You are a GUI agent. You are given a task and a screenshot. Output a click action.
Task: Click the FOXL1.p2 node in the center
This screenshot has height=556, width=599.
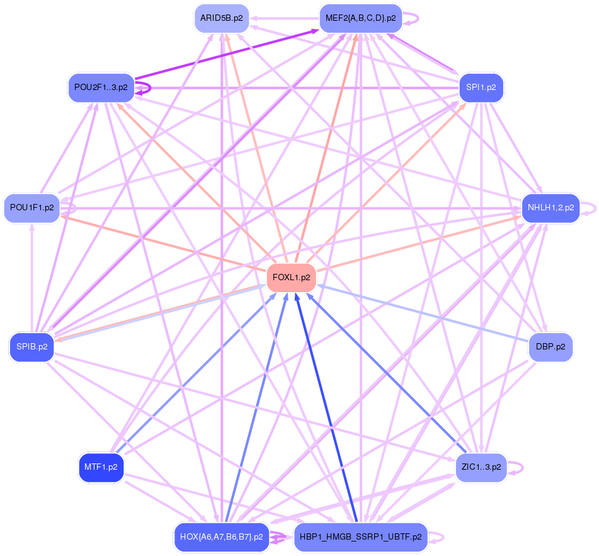pyautogui.click(x=291, y=278)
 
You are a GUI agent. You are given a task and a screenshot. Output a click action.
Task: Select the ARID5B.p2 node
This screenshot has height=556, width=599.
pyautogui.click(x=221, y=18)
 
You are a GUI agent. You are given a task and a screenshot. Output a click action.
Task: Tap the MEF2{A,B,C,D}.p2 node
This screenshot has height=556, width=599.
pyautogui.click(x=360, y=18)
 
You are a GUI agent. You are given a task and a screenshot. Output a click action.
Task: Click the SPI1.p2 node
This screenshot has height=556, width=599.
pyautogui.click(x=481, y=88)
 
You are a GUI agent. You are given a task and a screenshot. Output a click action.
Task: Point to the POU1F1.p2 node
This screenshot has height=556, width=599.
pyautogui.click(x=31, y=207)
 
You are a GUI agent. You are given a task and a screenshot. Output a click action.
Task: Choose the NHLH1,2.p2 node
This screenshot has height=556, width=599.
pyautogui.click(x=551, y=207)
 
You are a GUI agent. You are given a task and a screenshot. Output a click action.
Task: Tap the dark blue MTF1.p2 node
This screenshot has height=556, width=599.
pyautogui.click(x=100, y=467)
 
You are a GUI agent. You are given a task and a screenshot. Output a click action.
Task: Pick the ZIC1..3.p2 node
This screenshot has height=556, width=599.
pyautogui.click(x=481, y=467)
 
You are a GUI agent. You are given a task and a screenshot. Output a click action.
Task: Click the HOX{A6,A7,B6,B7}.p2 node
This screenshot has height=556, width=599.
pyautogui.click(x=221, y=537)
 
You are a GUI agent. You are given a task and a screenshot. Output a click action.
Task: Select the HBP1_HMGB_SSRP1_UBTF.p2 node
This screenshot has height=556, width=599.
pyautogui.click(x=360, y=537)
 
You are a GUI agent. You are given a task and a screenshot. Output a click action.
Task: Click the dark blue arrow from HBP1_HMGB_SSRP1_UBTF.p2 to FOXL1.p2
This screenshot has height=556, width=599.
pyautogui.click(x=328, y=409)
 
